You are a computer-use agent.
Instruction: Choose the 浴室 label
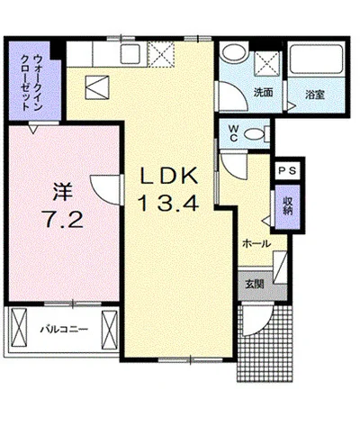314,93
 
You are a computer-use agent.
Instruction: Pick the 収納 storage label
287,204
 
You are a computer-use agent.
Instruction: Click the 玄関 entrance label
253,284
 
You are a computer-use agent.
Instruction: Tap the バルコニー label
63,331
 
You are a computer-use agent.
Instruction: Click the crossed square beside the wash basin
268,62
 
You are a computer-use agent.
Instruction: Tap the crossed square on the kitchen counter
161,56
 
